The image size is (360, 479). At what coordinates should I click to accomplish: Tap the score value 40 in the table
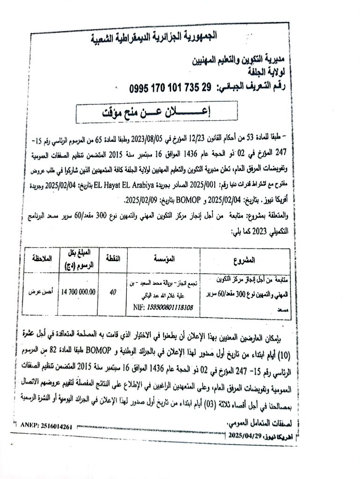click(x=112, y=291)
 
